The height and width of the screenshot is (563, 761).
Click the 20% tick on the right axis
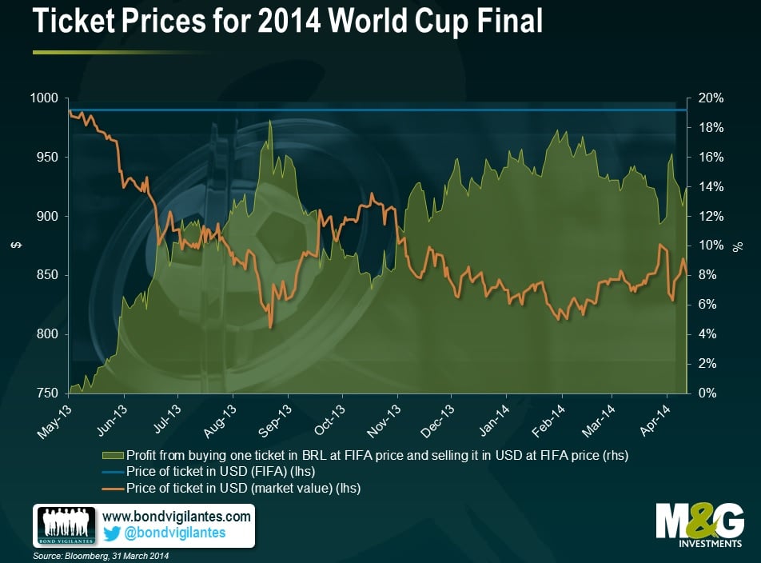click(x=711, y=98)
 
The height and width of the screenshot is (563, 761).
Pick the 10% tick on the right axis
click(x=711, y=246)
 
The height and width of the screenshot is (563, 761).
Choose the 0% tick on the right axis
click(x=708, y=393)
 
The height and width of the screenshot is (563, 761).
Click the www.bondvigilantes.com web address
click(x=177, y=517)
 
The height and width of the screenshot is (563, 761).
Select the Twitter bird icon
click(x=113, y=533)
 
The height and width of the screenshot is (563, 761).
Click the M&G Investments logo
click(x=699, y=525)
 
